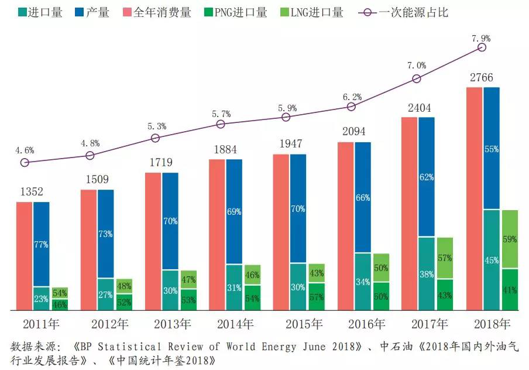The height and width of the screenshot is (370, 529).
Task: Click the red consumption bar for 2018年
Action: tap(474, 198)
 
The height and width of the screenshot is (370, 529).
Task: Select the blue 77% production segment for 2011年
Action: tap(42, 244)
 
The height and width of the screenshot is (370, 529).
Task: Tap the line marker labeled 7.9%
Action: tap(482, 47)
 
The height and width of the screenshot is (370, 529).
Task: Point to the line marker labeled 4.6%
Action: tap(25, 162)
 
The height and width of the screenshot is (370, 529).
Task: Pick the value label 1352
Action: tap(32, 192)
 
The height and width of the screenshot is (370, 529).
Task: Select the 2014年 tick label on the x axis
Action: tap(235, 324)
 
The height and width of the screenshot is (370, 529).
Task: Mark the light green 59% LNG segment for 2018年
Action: tap(510, 239)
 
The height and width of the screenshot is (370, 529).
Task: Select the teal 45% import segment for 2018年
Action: tap(492, 259)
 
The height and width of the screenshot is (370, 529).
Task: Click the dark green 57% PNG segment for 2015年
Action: tap(316, 296)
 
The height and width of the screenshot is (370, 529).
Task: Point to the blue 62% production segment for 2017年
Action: tap(427, 177)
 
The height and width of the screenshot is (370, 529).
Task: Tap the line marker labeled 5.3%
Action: tap(156, 138)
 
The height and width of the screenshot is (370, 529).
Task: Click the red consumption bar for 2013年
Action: tap(153, 241)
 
